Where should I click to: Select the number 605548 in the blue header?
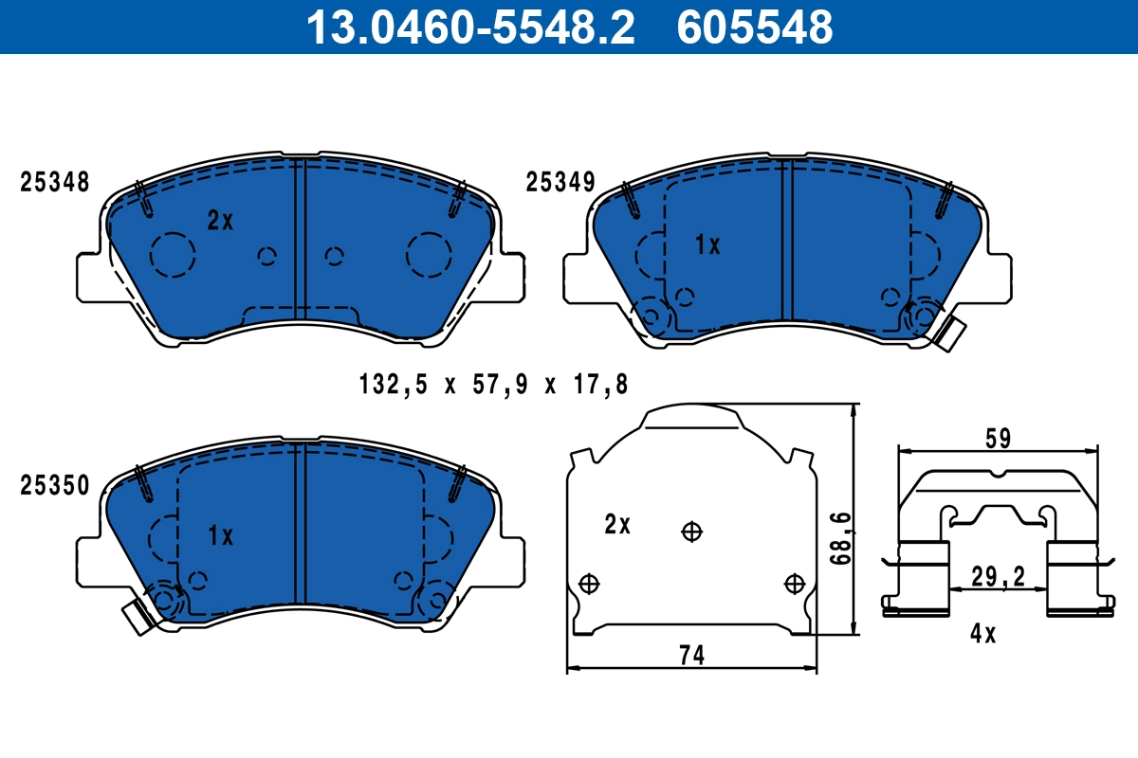coord(754,27)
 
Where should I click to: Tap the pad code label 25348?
coord(55,182)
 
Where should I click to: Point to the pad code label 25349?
coord(560,182)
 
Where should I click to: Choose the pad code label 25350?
coord(55,486)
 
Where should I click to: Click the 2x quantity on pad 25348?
coord(220,221)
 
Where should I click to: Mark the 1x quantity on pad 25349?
coord(707,245)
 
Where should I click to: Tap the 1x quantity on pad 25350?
coord(220,536)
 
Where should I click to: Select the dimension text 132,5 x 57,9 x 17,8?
coord(494,385)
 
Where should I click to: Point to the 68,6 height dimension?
coord(840,535)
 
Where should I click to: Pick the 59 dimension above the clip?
coord(998,439)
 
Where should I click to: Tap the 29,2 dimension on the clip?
coord(997,575)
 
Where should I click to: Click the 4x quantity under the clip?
coord(983,634)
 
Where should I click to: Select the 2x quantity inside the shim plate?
coord(617,524)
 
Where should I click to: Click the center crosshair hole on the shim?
coord(692,532)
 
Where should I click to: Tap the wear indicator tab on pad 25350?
coord(138,617)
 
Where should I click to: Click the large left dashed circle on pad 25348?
coord(173,254)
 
